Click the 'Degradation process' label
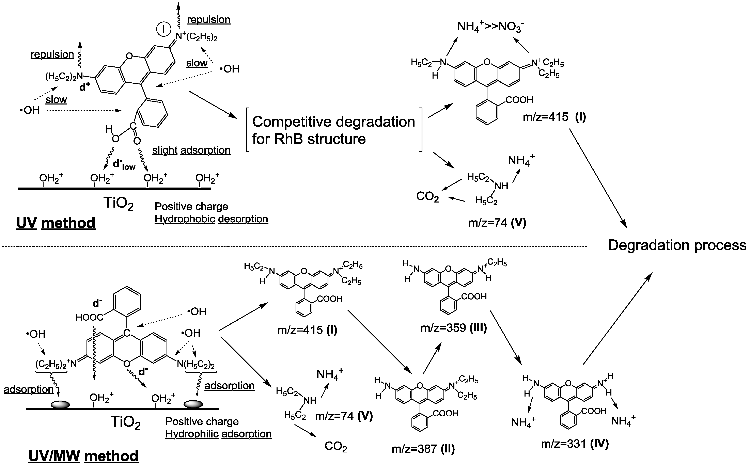tap(677, 245)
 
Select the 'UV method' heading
tap(56, 223)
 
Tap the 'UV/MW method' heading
tap(83, 456)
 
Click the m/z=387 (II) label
tap(423, 449)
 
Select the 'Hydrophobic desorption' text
tap(211, 219)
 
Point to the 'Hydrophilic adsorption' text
tap(218, 434)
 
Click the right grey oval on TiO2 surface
tap(193, 404)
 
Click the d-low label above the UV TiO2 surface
tap(124, 165)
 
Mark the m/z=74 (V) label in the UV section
tap(497, 223)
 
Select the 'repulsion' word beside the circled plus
tap(209, 19)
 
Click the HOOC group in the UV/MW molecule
tap(89, 317)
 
